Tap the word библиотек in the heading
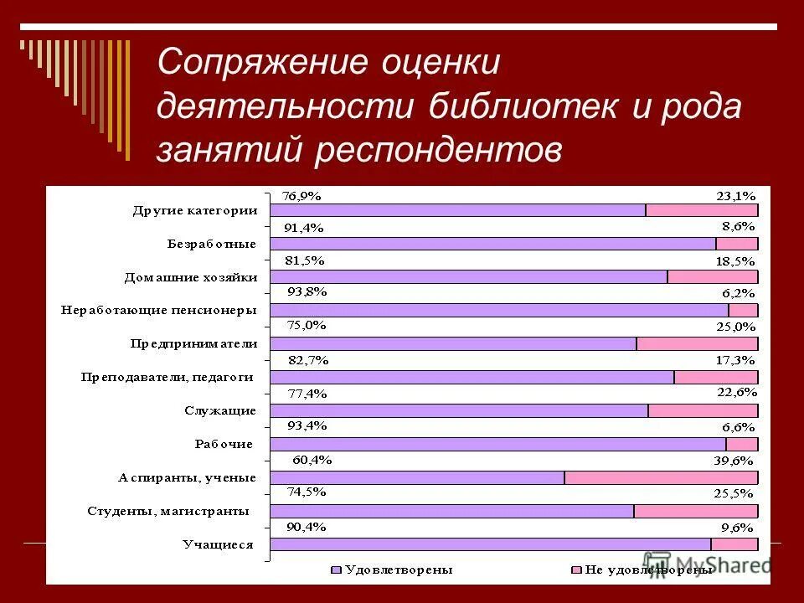coord(516,108)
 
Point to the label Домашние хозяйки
coord(191,277)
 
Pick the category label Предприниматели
coord(193,343)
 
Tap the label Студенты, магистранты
coord(168,511)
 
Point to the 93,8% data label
coord(307,292)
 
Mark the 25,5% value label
coord(734,494)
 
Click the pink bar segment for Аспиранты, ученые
coord(661,477)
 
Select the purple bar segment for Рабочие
coord(497,444)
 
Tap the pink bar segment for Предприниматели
coord(697,343)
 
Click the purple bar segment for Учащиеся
coord(490,544)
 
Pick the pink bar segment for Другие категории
coord(702,210)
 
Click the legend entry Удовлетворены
coord(393,569)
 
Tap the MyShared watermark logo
coord(708,564)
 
